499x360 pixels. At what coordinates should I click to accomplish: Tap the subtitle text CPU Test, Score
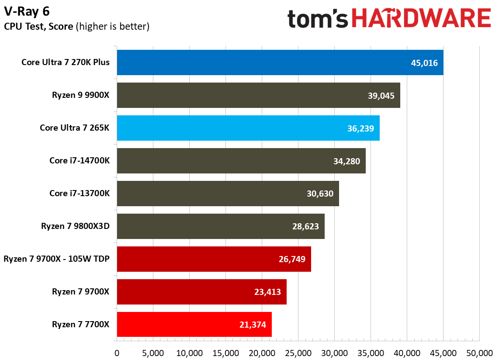[x=39, y=27]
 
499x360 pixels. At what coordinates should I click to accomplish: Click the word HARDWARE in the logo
[x=421, y=19]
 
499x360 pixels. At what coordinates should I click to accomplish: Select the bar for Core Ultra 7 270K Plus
[x=280, y=62]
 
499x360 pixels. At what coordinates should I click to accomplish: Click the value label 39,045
[x=381, y=96]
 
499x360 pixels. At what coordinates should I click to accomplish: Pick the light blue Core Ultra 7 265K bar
[x=248, y=128]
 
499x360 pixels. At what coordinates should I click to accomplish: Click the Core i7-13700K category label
[x=80, y=194]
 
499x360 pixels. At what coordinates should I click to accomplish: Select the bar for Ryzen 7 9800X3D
[x=220, y=226]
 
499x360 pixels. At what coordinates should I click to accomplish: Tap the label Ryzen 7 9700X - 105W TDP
[x=56, y=259]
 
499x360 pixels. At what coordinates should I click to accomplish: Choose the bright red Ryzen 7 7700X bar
[x=194, y=324]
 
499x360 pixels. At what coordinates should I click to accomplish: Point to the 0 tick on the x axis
[x=117, y=353]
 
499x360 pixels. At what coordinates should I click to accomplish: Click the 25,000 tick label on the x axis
[x=298, y=353]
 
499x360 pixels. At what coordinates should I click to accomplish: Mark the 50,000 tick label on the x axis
[x=479, y=353]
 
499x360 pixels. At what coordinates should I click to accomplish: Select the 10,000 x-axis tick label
[x=189, y=353]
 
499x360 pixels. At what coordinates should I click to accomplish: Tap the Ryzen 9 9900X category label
[x=80, y=95]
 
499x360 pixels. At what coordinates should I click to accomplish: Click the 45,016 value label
[x=424, y=63]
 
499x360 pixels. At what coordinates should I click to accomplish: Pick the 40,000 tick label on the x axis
[x=407, y=353]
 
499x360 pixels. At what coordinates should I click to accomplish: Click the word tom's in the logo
[x=318, y=19]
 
